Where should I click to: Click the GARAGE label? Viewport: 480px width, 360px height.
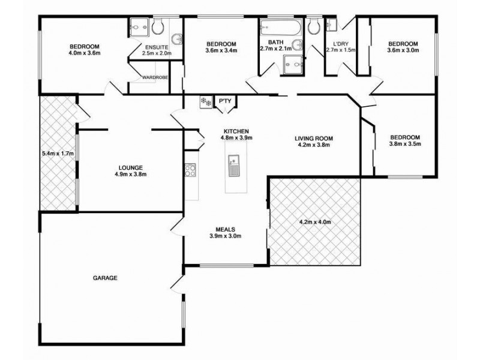click(104, 278)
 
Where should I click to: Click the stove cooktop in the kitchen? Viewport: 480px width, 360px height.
click(190, 170)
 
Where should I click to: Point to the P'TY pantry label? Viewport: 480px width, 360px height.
click(225, 101)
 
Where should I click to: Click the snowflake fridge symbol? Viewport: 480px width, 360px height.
click(206, 102)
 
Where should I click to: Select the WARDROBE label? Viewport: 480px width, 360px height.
click(154, 77)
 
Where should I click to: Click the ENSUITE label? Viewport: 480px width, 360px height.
click(157, 47)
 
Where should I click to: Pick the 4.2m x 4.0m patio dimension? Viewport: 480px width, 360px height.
click(315, 222)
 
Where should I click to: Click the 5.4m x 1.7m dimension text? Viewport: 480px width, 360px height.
click(57, 153)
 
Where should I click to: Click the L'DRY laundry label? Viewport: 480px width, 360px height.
click(340, 43)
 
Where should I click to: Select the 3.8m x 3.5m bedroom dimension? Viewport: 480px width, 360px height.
click(405, 144)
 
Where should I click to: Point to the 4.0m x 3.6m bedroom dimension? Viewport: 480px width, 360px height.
click(84, 53)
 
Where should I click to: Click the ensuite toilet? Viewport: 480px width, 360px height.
click(158, 27)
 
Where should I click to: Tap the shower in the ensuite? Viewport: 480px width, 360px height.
click(137, 28)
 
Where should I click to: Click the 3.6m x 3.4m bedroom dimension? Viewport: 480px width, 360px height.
click(221, 50)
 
